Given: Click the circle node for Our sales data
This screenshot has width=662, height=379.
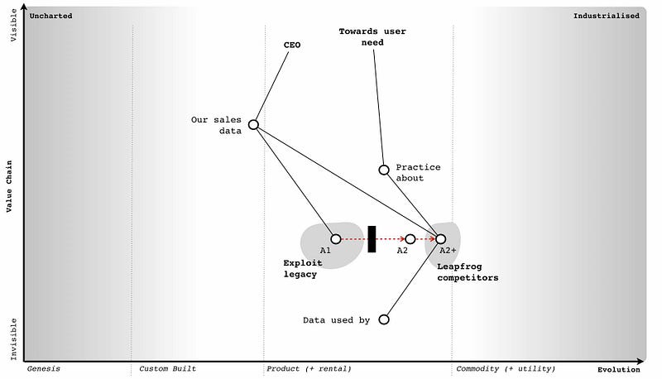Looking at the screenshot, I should (x=253, y=125).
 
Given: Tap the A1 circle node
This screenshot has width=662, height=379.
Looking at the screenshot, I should (x=335, y=239).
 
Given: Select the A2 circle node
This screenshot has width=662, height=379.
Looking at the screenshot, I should (x=410, y=239).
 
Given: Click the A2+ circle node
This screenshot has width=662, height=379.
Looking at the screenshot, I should (x=440, y=239).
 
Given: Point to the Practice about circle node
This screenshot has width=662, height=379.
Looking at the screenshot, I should (x=384, y=170).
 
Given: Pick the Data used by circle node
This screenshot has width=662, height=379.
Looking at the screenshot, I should (x=384, y=319).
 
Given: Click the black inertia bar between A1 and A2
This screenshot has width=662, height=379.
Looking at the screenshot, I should (x=372, y=238).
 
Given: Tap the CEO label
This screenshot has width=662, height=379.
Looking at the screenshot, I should (x=292, y=45).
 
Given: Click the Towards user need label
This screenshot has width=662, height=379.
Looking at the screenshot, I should (x=372, y=37).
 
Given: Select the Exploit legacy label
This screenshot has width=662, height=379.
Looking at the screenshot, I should (x=300, y=269).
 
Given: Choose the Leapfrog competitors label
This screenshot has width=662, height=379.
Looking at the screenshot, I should (x=468, y=272).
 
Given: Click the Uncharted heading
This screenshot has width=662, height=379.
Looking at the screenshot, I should (x=50, y=16).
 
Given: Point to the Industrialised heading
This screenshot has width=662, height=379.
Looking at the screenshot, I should (x=606, y=16).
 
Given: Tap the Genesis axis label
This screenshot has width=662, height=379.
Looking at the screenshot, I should (x=44, y=368).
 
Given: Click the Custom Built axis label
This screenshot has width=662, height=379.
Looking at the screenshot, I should (x=167, y=368).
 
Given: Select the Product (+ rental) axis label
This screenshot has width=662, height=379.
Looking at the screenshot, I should (x=309, y=368).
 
